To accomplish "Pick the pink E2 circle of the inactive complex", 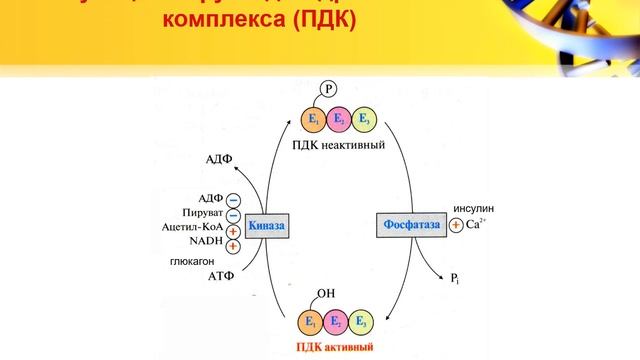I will [x=339, y=120].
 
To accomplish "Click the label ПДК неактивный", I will [x=339, y=145].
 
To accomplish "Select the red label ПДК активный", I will [x=335, y=348].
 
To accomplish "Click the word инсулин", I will [x=473, y=209].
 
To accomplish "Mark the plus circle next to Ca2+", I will [x=456, y=225].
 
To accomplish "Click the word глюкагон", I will [x=192, y=262].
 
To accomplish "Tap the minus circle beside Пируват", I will [x=233, y=215].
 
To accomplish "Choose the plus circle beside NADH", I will [x=233, y=245].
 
